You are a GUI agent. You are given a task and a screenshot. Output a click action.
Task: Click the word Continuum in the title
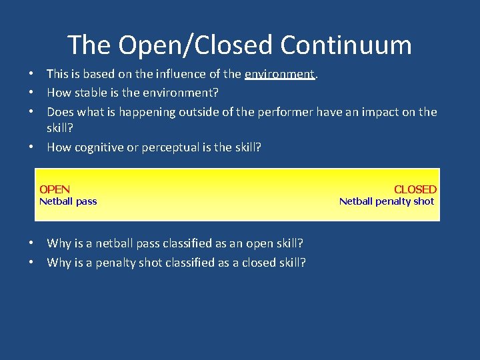[x=346, y=45]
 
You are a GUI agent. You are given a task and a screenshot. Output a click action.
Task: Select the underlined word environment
[x=279, y=74]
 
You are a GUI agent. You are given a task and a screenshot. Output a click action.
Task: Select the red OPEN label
[x=55, y=189]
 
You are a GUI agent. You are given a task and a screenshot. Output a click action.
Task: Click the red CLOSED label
[x=415, y=189]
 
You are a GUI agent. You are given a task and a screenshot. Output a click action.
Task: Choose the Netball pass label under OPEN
[x=68, y=201]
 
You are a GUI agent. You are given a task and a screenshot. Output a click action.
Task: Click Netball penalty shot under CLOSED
[x=387, y=201]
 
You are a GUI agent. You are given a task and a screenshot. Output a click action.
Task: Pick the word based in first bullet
[x=99, y=74]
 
